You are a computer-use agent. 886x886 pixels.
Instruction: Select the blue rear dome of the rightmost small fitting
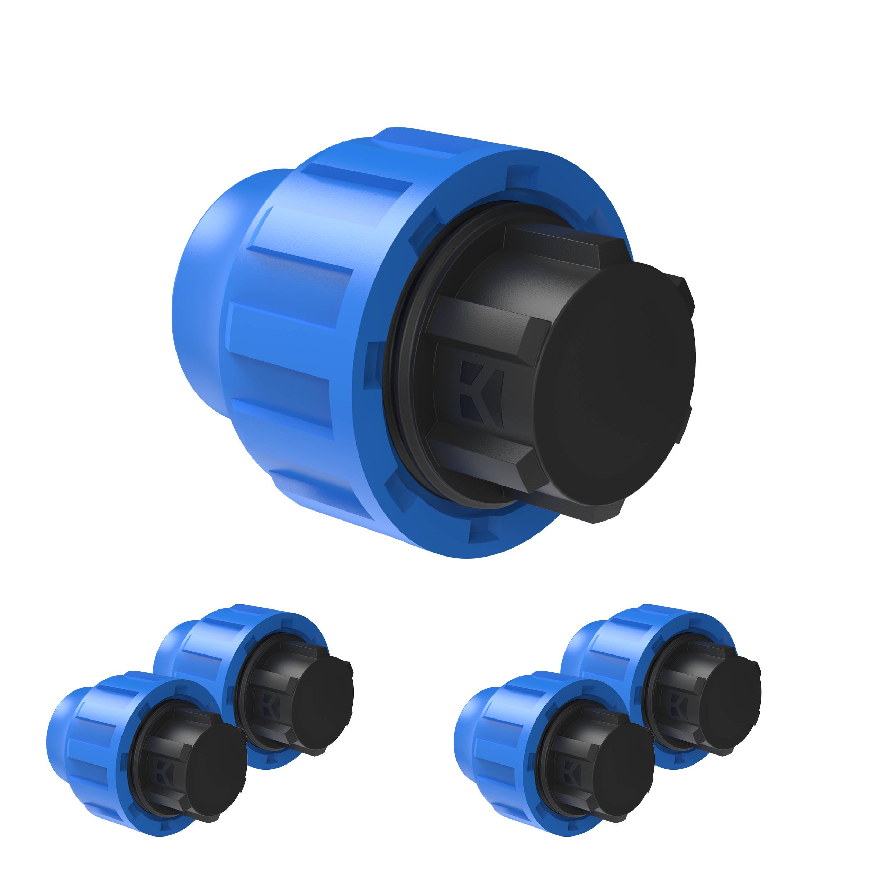click(573, 660)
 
